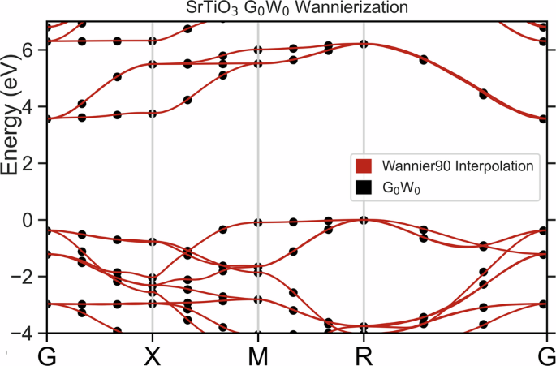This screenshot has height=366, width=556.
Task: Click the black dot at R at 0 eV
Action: click(x=364, y=220)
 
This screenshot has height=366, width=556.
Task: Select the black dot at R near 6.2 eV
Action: click(x=364, y=44)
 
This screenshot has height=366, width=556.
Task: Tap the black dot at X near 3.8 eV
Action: click(x=153, y=113)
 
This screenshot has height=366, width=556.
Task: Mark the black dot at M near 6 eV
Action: click(x=258, y=50)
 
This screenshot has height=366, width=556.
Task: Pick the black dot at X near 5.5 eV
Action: click(x=153, y=64)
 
